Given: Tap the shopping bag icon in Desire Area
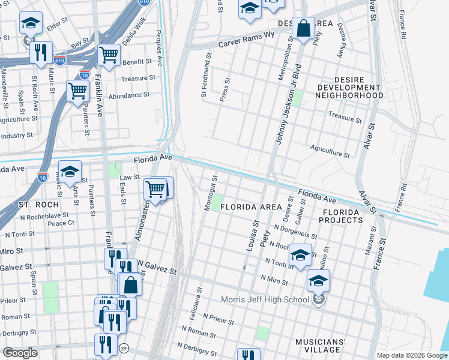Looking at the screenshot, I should point(304,28).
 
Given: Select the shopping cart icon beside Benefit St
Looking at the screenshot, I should point(109,55).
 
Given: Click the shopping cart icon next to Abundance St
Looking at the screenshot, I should point(78,91).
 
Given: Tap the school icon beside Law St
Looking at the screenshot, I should point(70,172).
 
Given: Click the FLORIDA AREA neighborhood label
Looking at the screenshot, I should point(250,207).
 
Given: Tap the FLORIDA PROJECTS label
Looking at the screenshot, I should point(343,217).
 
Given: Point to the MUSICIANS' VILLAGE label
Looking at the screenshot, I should point(321,346).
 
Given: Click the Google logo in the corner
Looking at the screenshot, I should point(20,353).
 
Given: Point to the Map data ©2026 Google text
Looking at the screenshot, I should point(411,355).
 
